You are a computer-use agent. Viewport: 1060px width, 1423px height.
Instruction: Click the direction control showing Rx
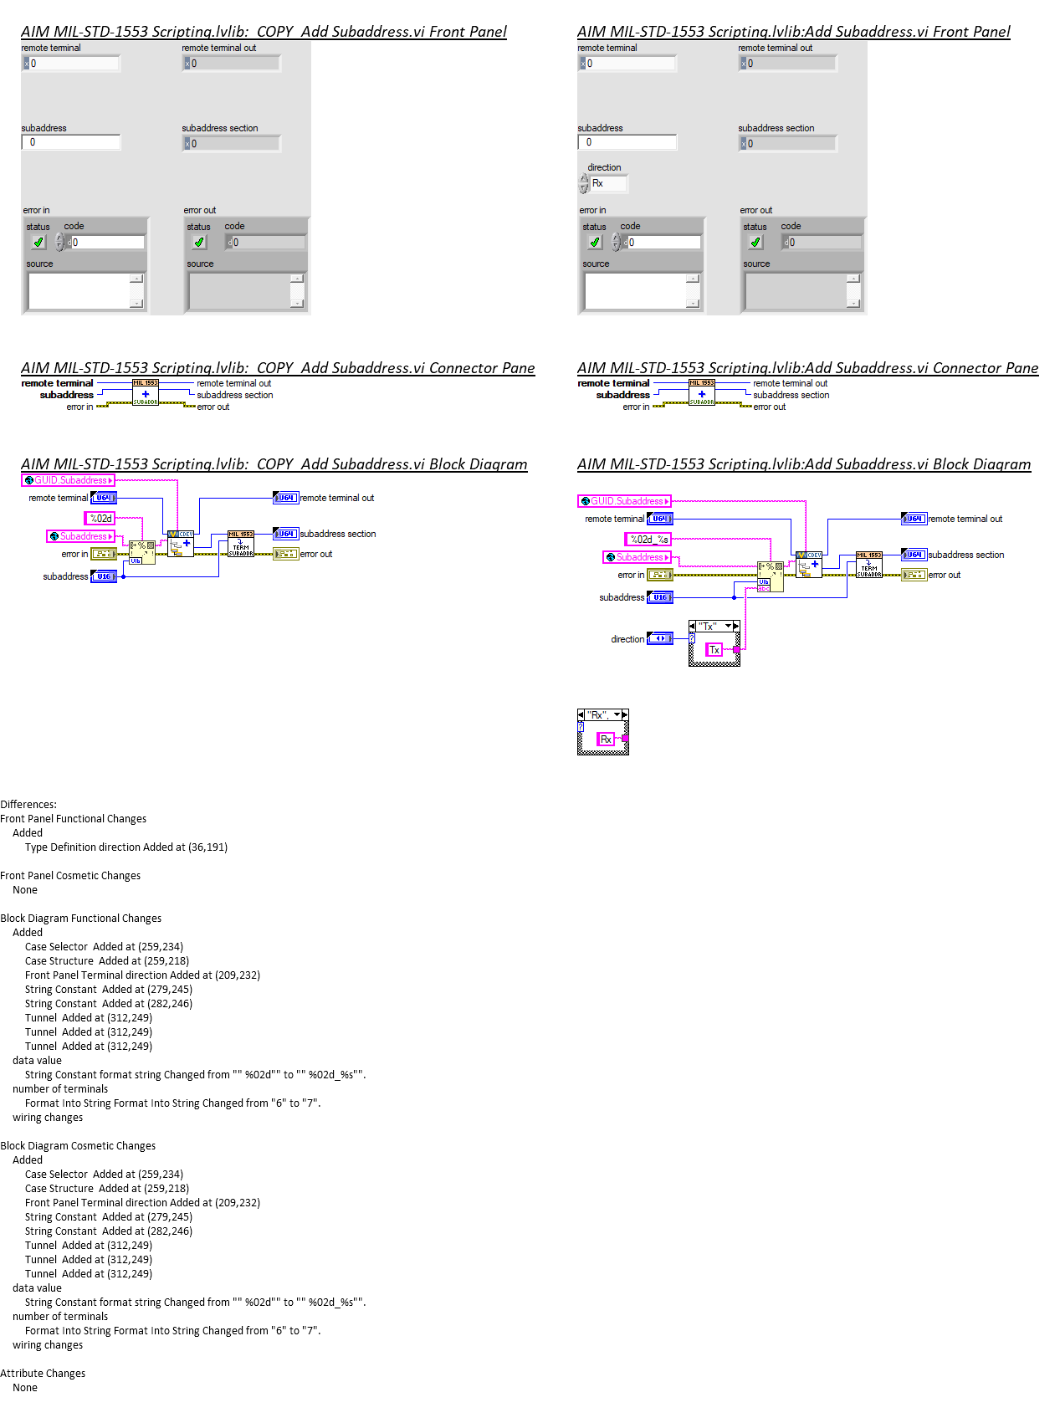tap(608, 183)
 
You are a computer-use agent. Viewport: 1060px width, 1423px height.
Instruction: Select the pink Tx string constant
tap(714, 650)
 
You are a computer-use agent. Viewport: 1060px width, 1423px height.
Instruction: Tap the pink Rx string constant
tap(606, 740)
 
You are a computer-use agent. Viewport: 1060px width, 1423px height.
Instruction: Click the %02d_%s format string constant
tap(648, 540)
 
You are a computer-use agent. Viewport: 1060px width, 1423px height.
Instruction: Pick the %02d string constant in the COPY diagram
tap(100, 519)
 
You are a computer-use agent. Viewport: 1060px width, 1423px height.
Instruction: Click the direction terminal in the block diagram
tap(660, 639)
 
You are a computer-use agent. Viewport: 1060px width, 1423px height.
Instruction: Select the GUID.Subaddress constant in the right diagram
tap(624, 501)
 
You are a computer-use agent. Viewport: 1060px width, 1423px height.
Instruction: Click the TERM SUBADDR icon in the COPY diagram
tap(241, 544)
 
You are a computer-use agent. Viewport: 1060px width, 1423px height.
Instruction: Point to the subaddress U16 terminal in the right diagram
tap(660, 597)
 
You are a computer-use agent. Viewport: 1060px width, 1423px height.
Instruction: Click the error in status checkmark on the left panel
tap(38, 243)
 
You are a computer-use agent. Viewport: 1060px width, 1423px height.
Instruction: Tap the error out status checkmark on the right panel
tap(755, 243)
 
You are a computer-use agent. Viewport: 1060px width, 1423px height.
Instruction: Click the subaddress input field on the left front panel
tap(72, 143)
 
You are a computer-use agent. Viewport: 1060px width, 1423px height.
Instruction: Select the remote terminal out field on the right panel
tap(788, 64)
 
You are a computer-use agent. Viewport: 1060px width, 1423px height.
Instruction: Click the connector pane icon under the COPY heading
tap(146, 393)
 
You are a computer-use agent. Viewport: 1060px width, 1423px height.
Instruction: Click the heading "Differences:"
tap(28, 805)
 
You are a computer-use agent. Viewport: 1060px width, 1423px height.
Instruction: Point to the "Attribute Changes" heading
tap(43, 1374)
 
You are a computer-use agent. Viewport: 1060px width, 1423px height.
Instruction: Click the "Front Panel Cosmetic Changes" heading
tap(70, 876)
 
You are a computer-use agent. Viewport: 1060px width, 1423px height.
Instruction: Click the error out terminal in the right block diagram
tap(914, 575)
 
